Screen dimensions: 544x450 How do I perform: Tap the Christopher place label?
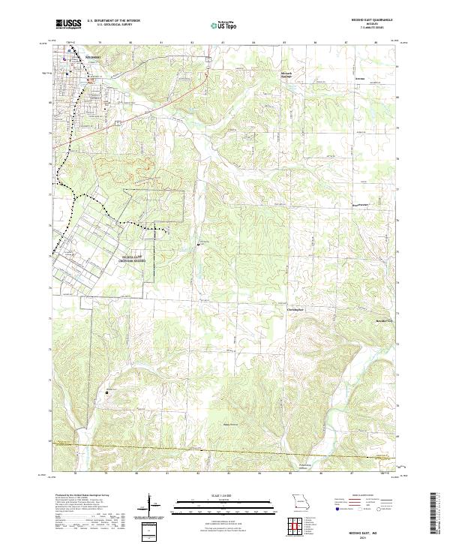297,308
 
